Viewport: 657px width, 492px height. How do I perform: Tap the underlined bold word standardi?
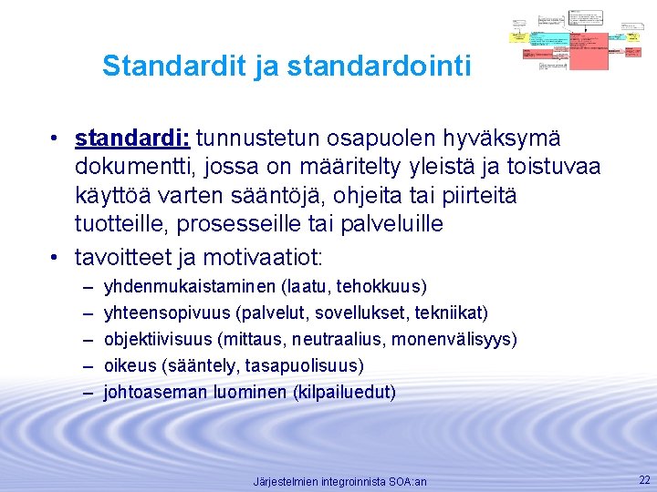coord(132,138)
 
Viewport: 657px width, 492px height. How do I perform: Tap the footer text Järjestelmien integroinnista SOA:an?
coord(339,481)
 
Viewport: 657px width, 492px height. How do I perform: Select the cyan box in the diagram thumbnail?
coord(548,40)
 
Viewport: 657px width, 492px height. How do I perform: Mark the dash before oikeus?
coord(88,366)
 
